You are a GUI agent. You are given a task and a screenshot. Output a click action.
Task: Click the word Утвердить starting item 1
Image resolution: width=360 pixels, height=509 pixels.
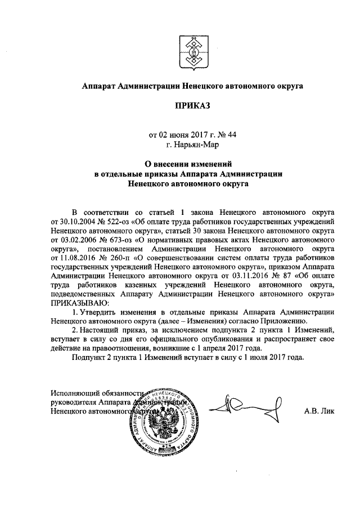coord(98,312)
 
